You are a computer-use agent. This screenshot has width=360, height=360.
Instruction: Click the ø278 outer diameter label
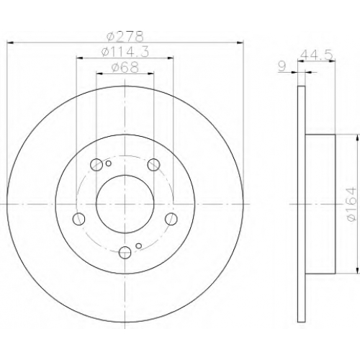pos(125,37)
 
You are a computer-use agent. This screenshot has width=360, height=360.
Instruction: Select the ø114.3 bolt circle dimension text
pos(125,52)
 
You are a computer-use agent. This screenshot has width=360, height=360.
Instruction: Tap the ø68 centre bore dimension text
pos(125,67)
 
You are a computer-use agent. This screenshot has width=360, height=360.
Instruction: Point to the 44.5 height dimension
pos(317,55)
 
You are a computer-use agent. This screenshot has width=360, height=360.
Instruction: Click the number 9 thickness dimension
pos(283,66)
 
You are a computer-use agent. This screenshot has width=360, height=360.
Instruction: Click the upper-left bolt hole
pos(96,165)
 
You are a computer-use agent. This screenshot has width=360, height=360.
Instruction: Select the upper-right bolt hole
pos(153,165)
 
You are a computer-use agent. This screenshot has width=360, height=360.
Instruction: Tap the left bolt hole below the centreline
pos(78,219)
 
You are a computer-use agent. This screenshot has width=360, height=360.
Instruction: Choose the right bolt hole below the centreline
pos(171,219)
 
